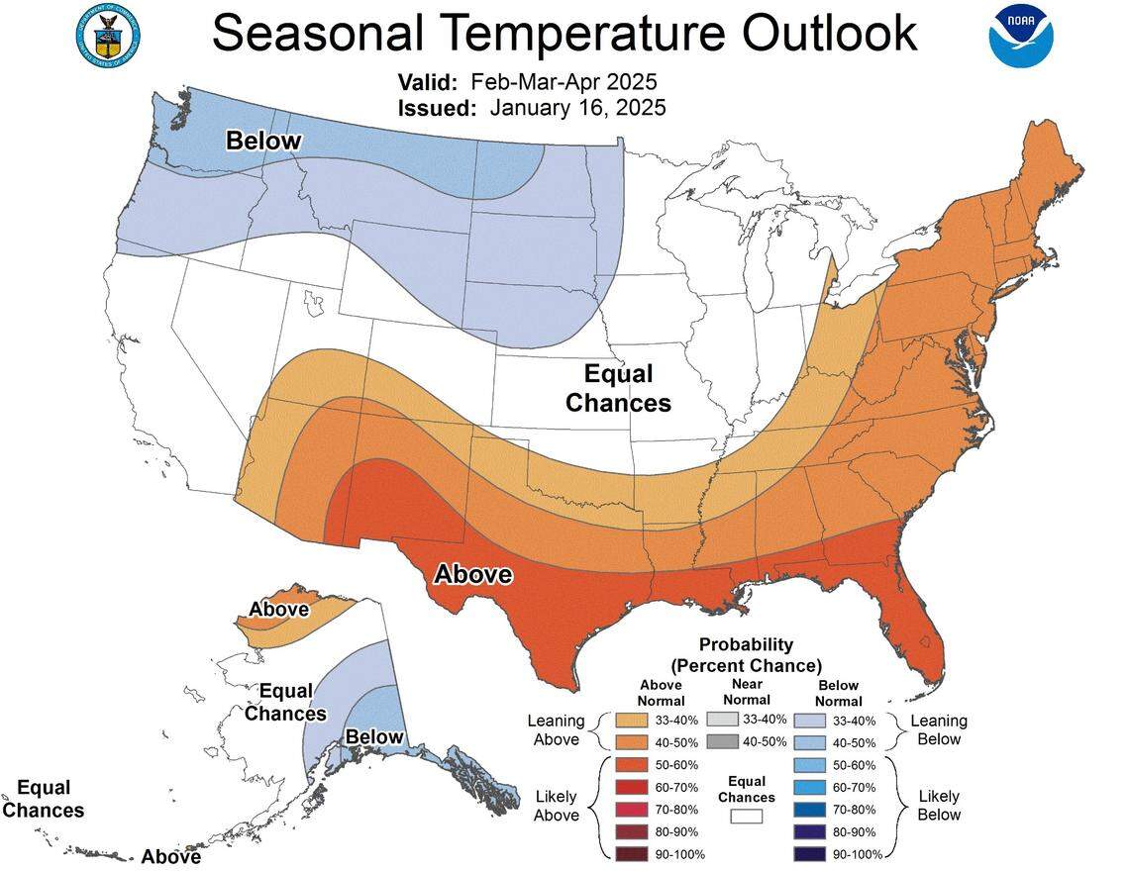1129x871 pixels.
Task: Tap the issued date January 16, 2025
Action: (577, 108)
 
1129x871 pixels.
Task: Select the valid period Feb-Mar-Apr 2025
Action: (564, 81)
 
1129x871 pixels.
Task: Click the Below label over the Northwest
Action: (262, 142)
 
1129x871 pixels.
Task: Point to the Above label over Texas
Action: (473, 574)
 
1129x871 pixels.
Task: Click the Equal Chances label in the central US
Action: (619, 388)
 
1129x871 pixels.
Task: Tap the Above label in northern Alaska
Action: (278, 609)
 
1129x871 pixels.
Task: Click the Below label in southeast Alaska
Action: (374, 736)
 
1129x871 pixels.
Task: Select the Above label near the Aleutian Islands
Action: (170, 856)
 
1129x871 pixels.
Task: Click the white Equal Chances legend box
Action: (746, 817)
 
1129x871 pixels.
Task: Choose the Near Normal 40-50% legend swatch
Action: (724, 742)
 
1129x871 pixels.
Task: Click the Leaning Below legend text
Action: (939, 729)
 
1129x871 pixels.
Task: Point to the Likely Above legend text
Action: (556, 806)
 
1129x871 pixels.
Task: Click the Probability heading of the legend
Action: (746, 644)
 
